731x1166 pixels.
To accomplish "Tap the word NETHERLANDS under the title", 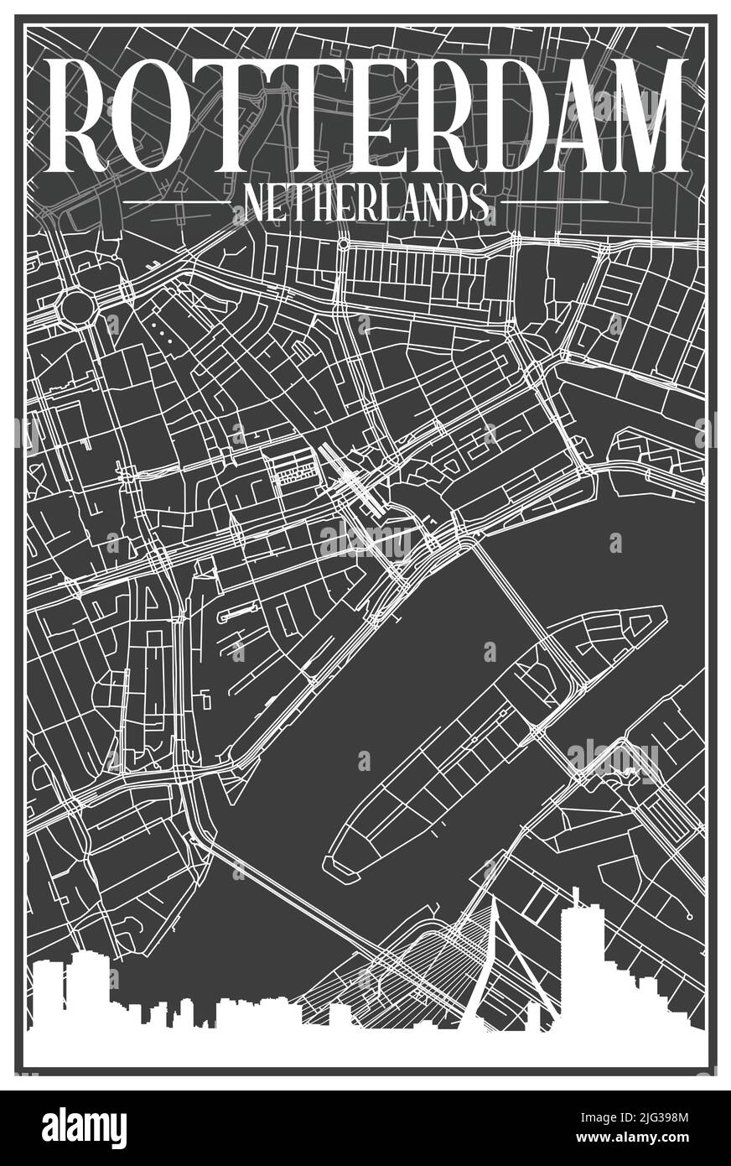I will tap(365, 203).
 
